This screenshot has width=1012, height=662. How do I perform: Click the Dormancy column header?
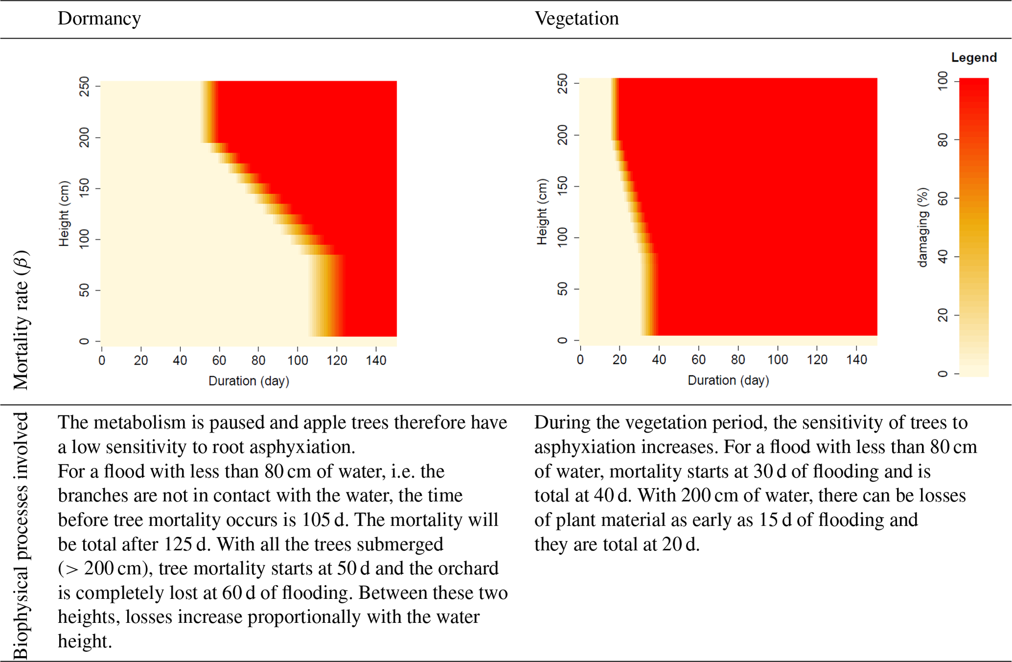coord(99,19)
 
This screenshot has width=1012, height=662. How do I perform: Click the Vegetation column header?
coord(576,19)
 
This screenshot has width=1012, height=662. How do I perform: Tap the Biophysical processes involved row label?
coord(21,536)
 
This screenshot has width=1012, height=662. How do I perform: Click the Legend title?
coord(973,58)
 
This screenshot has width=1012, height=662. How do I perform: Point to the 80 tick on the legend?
coord(942,140)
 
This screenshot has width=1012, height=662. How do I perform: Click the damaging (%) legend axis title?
coord(922,227)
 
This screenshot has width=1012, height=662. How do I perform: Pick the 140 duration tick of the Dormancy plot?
coord(376,361)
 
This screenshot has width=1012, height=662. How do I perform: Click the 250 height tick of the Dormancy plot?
coord(84,86)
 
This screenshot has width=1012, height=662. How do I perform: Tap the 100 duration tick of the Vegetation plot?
coord(777,360)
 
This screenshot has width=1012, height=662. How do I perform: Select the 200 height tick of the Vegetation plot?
coord(563,135)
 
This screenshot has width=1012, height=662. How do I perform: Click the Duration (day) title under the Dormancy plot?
coord(249,381)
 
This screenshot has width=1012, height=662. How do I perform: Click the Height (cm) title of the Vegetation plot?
coord(541,212)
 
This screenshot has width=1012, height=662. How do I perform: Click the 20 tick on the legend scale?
coord(942,316)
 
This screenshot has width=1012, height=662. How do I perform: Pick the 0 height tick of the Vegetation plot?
coord(563,341)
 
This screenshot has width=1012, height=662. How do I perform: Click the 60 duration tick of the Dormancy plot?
coord(219,361)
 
